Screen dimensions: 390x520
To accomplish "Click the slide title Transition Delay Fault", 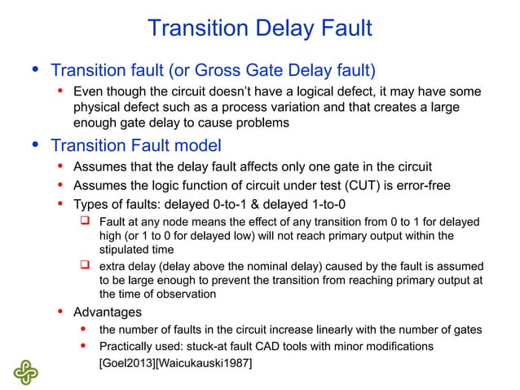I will pyautogui.click(x=259, y=29).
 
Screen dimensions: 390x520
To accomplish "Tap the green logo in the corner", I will pyautogui.click(x=25, y=371).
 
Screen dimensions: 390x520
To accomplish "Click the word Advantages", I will pyautogui.click(x=108, y=312).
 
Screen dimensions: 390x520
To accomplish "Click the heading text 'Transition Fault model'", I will pyautogui.click(x=136, y=146).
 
